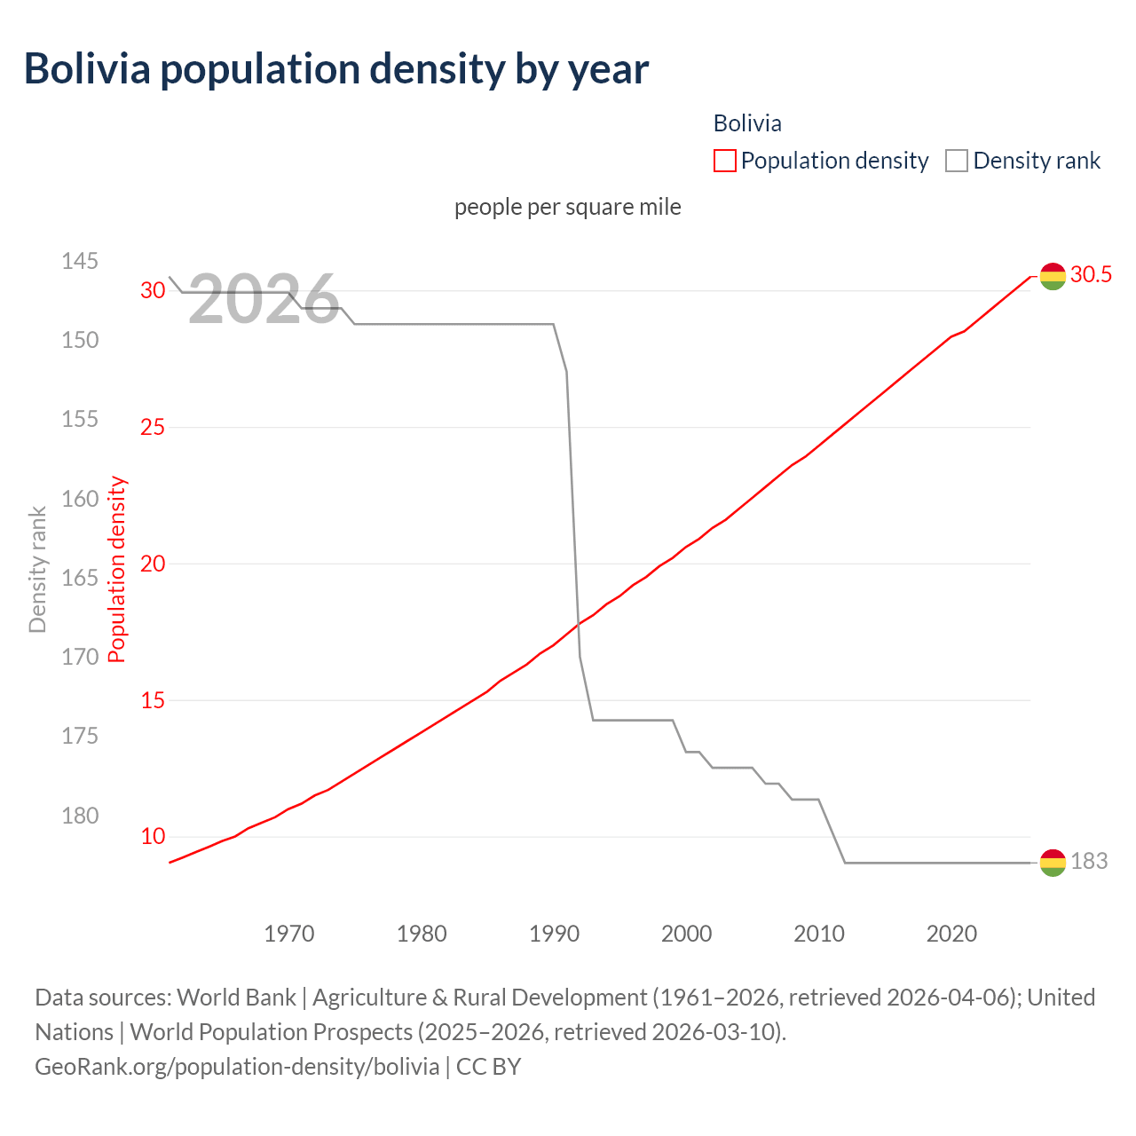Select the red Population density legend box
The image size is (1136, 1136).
(x=724, y=161)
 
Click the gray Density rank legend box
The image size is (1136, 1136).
(x=956, y=161)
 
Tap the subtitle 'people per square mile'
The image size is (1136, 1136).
(x=568, y=207)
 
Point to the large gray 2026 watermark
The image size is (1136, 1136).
(x=264, y=299)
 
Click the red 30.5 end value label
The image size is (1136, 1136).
(x=1091, y=274)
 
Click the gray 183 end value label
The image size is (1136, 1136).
(x=1089, y=861)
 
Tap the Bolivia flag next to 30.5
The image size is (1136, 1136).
(x=1052, y=276)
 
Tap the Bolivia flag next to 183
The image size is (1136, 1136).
(x=1052, y=862)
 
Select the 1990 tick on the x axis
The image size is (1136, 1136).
(x=554, y=934)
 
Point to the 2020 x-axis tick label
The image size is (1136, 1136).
(x=951, y=934)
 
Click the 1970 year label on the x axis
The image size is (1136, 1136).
(x=289, y=934)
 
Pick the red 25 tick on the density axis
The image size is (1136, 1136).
(x=153, y=427)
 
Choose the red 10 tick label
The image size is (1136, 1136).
(x=153, y=836)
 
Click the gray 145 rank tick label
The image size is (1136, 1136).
(x=80, y=261)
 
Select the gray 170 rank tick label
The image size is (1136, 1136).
(x=80, y=657)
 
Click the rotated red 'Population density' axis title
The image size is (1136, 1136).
(x=117, y=570)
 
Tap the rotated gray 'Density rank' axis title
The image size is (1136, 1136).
(x=37, y=570)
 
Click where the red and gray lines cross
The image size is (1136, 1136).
(x=577, y=625)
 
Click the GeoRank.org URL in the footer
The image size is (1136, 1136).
(x=237, y=1066)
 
